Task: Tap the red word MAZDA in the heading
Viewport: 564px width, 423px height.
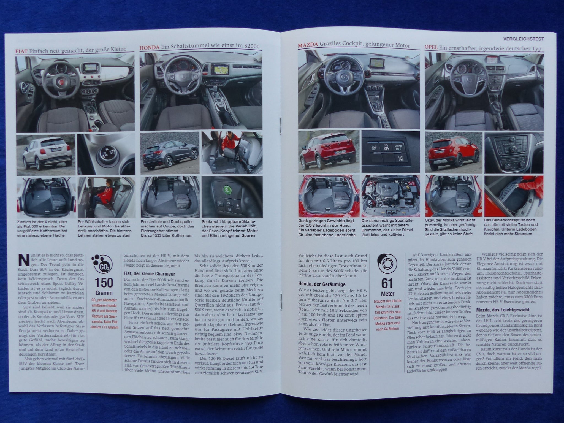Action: (308, 45)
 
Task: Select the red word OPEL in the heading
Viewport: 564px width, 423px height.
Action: (431, 48)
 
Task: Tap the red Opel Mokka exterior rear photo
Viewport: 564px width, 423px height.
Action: (454, 153)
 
